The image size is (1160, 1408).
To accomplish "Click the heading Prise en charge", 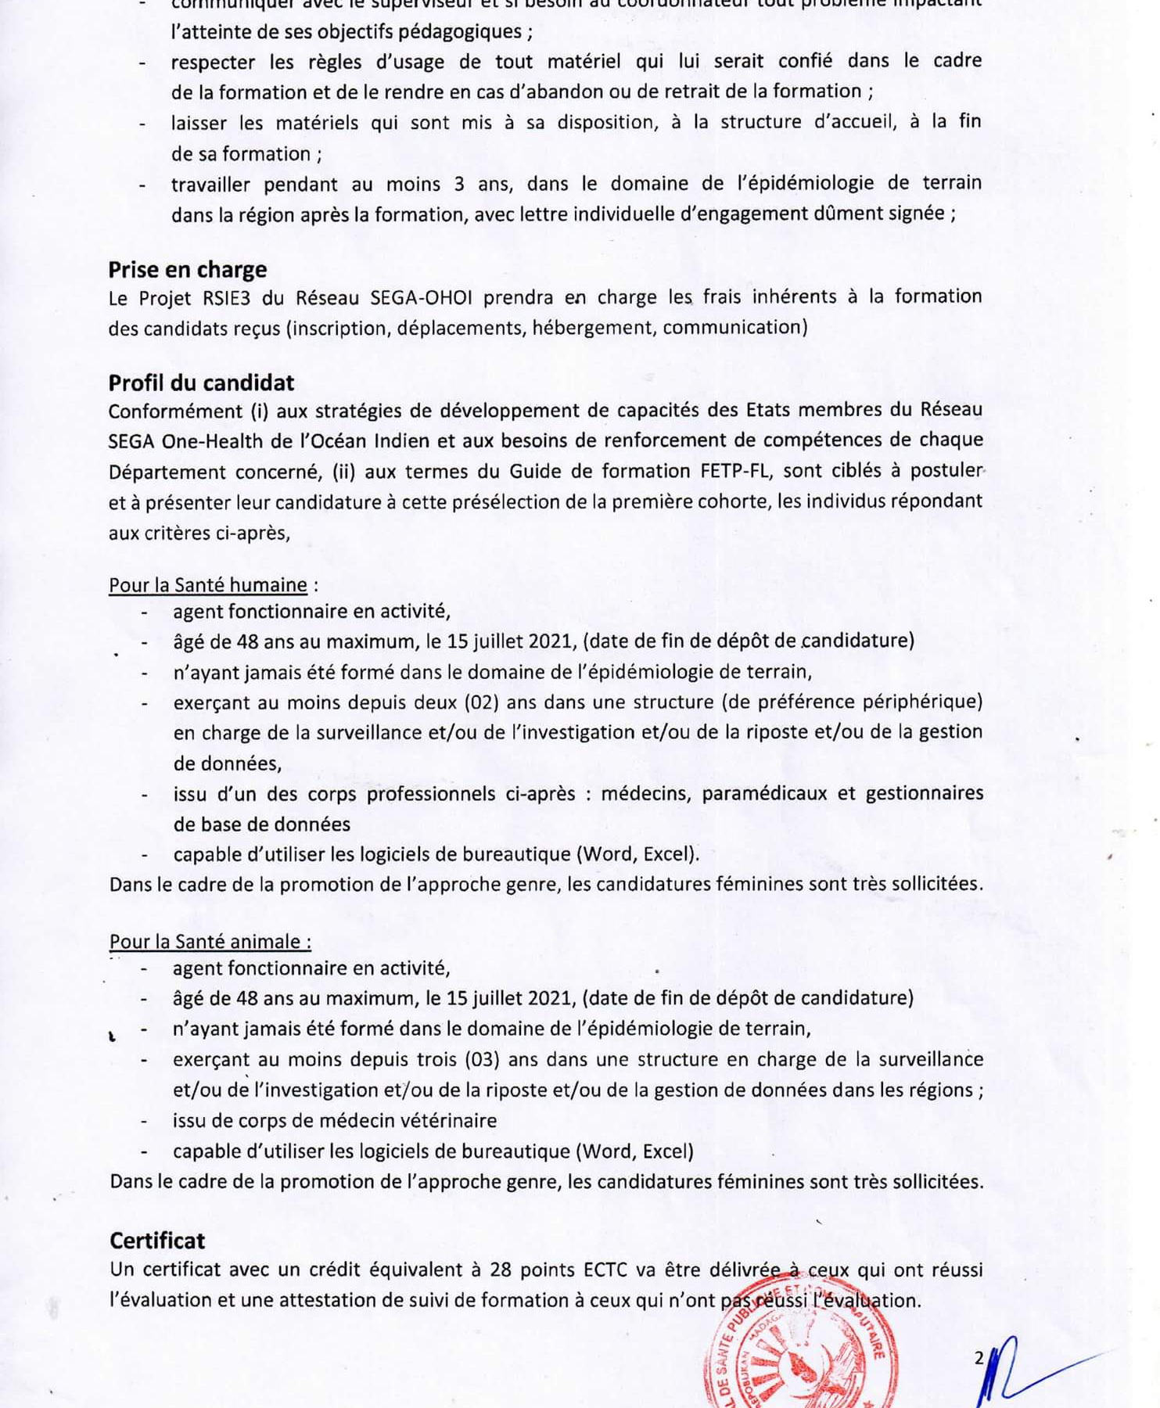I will [x=187, y=270].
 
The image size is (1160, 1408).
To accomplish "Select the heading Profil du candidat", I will [x=201, y=383].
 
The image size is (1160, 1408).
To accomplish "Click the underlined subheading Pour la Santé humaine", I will [x=208, y=585].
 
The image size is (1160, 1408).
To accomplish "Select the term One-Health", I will [x=212, y=441].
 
